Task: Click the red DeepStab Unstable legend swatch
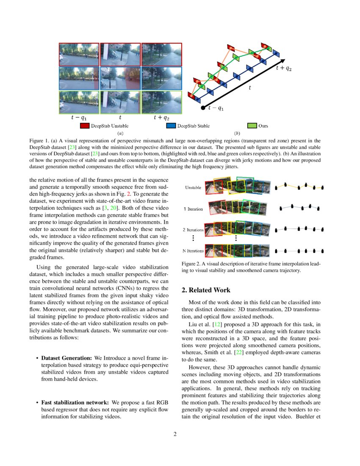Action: tap(84, 126)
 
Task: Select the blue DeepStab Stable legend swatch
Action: tap(171, 126)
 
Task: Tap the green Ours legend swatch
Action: tap(252, 126)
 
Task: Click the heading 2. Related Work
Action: tap(206, 290)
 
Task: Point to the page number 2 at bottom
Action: tap(174, 434)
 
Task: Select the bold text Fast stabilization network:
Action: tap(75, 402)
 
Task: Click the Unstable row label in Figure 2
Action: tap(193, 187)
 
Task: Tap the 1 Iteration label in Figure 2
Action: tap(193, 209)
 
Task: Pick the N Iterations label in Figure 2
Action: tap(193, 251)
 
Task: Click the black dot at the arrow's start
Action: tap(204, 108)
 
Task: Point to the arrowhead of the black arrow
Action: tap(282, 62)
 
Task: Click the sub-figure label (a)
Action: tap(120, 133)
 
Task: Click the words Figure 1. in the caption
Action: tap(39, 140)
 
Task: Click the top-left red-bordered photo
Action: tap(79, 54)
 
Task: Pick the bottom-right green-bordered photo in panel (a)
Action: tap(161, 103)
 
